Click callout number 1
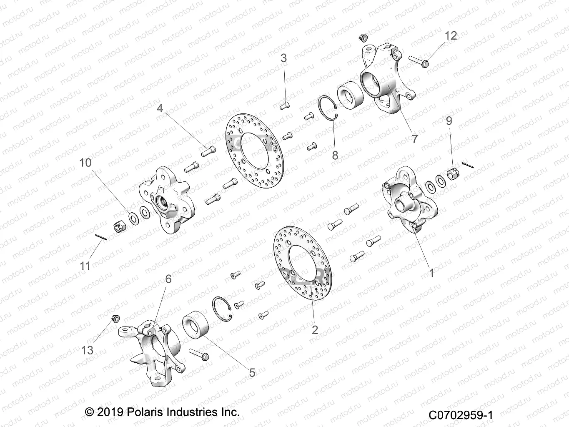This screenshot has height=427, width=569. point(432,273)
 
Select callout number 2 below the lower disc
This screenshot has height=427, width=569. point(315,329)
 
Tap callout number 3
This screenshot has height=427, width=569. point(283,58)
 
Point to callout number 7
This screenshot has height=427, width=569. point(414,138)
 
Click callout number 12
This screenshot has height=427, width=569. point(451,36)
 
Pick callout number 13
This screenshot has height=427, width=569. point(87,350)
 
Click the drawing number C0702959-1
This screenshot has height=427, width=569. point(461,415)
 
